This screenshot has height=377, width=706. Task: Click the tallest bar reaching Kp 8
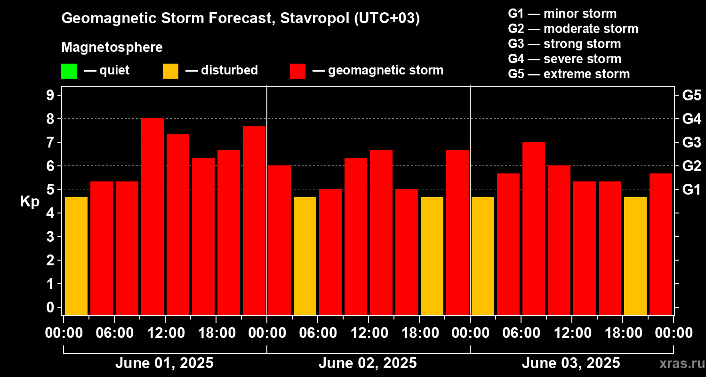pos(152,217)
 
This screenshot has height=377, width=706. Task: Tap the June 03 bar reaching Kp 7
pos(534,229)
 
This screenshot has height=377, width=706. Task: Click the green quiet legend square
pos(69,71)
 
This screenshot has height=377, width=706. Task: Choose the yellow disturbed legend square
pos(170,71)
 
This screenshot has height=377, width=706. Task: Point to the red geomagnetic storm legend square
pos(298,71)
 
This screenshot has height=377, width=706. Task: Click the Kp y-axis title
pos(30,201)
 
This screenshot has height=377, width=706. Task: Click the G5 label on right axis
pos(691,95)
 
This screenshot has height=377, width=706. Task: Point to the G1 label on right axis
pos(691,189)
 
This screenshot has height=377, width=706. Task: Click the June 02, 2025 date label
pos(368,363)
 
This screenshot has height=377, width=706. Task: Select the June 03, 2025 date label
pos(571,363)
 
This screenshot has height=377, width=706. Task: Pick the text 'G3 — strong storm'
pos(564,44)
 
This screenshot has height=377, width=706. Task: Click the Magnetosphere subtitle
pos(112,48)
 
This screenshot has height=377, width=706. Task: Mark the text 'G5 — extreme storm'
pos(569,74)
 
